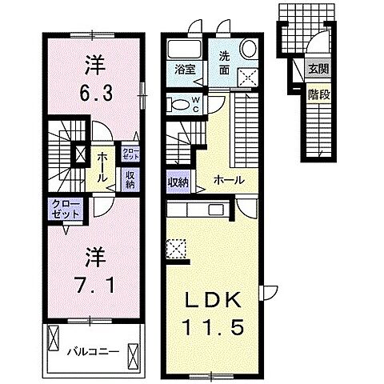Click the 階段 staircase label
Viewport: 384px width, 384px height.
(318, 94)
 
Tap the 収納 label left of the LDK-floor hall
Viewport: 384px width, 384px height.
(178, 182)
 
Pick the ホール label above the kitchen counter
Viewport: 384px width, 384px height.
(229, 180)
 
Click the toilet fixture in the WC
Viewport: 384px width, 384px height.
(178, 104)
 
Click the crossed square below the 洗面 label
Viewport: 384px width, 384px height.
(248, 78)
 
